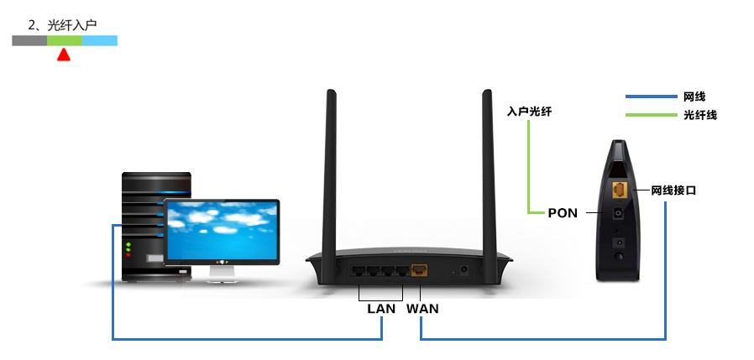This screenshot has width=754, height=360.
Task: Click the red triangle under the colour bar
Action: tap(63, 55)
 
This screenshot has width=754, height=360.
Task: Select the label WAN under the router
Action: tap(422, 308)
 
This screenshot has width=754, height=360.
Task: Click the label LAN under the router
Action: tap(380, 308)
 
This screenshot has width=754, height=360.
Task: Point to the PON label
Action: tap(562, 212)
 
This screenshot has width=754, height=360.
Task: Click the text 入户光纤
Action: tap(530, 111)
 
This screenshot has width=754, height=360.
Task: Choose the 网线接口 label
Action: tap(674, 190)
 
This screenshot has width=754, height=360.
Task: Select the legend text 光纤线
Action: tap(700, 114)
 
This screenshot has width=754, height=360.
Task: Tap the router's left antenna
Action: tap(330, 168)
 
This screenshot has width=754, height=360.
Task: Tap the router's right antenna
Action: tap(487, 168)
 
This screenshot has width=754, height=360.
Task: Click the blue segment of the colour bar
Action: tap(99, 40)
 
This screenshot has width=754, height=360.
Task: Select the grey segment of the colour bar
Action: tap(29, 40)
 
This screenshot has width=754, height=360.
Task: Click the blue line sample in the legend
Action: tap(650, 97)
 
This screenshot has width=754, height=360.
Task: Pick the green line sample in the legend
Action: tap(650, 114)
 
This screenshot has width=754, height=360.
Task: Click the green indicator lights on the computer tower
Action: tap(128, 247)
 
